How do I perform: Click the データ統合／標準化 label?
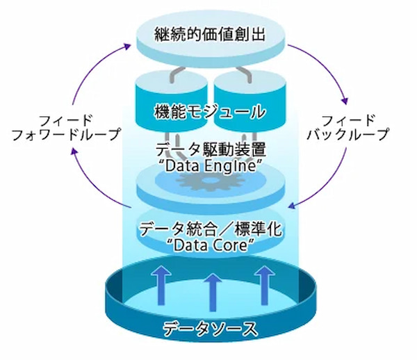[211, 229]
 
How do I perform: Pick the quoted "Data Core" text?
[211, 245]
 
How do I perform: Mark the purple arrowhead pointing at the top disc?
[128, 45]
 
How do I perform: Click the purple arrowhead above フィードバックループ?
[342, 96]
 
